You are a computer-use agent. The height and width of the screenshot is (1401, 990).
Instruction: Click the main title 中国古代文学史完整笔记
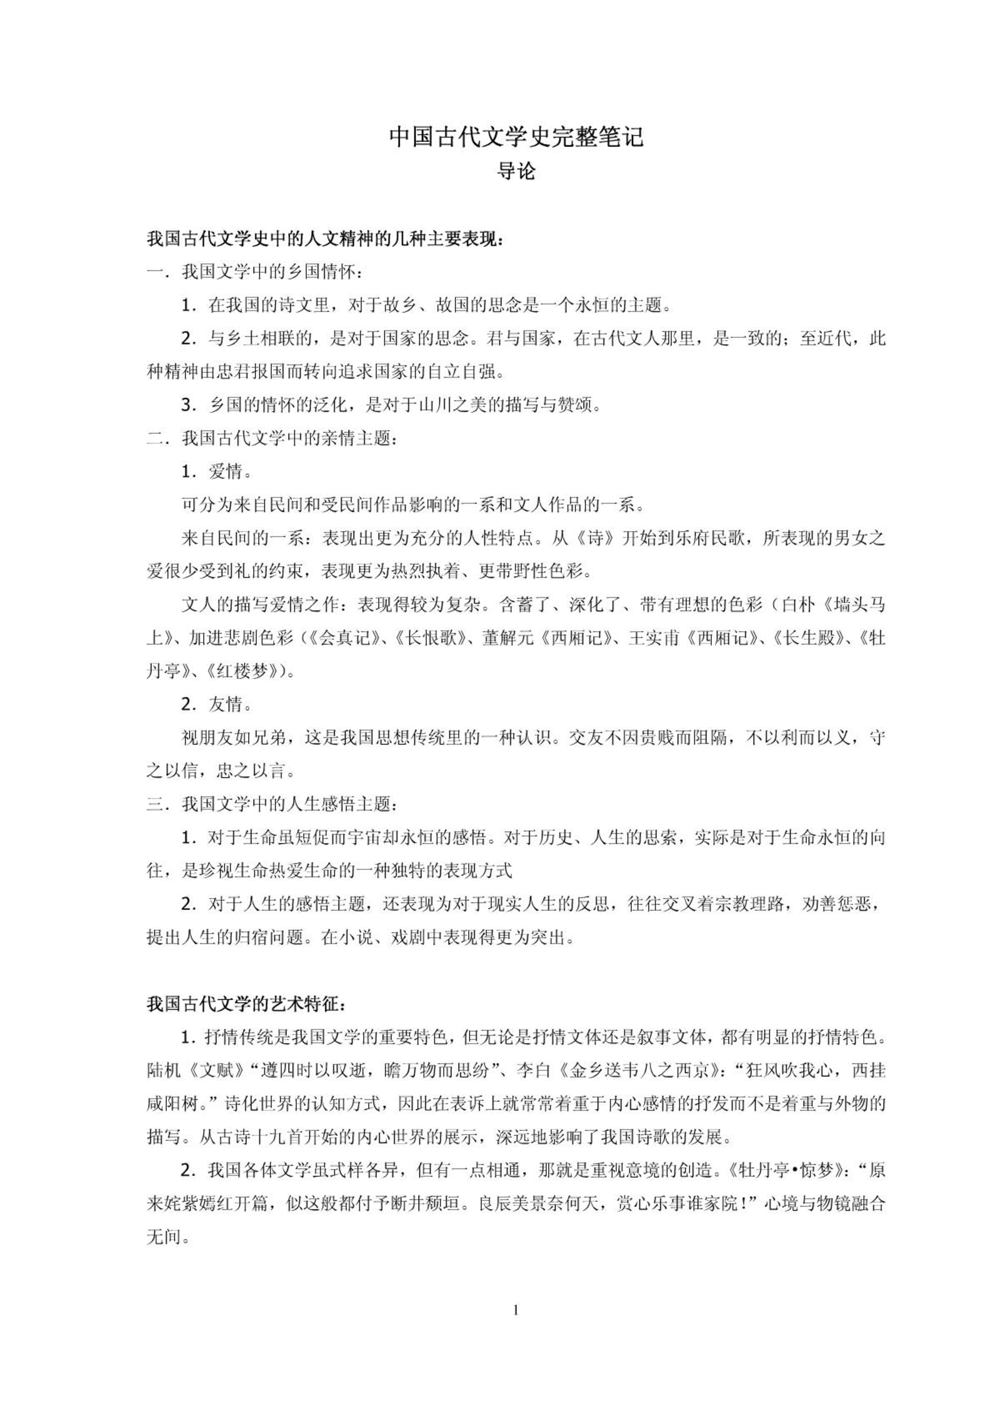pos(516,138)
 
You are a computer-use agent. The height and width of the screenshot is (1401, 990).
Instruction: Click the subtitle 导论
pos(516,171)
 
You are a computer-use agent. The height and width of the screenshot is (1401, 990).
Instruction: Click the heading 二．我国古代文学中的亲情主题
pos(272,438)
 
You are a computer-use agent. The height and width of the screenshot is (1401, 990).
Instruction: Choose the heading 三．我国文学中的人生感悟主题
pos(272,804)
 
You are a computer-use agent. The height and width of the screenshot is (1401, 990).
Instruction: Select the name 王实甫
pos(654,638)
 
